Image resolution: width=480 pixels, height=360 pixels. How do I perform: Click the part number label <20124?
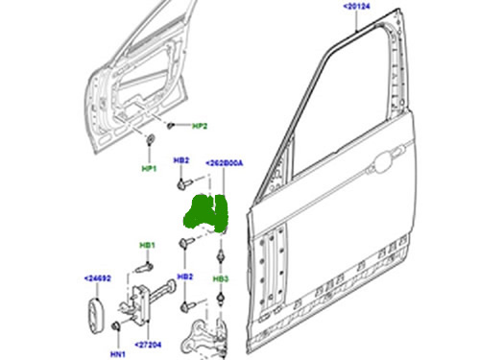click(x=356, y=6)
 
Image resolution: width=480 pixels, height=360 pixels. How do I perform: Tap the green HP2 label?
click(x=200, y=126)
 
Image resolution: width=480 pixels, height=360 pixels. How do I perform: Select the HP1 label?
click(x=149, y=168)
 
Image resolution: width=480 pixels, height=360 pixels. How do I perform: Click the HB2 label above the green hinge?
click(x=181, y=160)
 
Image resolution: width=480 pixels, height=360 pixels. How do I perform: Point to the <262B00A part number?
click(x=224, y=163)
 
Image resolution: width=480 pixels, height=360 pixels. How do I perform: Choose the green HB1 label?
click(x=148, y=246)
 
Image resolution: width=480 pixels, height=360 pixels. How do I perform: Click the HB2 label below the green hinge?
click(x=185, y=276)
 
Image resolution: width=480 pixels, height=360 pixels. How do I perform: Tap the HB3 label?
click(x=221, y=279)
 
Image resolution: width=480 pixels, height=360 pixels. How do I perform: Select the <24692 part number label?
click(x=98, y=278)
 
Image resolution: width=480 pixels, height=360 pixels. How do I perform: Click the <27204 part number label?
click(x=148, y=345)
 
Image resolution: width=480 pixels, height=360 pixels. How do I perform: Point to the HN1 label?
click(x=118, y=354)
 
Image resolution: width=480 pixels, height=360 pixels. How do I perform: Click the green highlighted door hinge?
click(x=205, y=212)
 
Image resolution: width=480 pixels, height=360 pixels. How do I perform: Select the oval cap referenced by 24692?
click(x=95, y=316)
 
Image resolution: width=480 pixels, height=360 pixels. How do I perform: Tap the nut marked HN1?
click(x=115, y=326)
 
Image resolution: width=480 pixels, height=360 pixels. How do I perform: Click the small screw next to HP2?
click(x=171, y=126)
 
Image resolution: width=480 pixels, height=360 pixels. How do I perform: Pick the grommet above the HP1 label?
click(x=150, y=140)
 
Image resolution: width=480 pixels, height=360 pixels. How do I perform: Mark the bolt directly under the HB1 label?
click(x=144, y=268)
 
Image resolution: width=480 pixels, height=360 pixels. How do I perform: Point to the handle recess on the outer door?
click(x=388, y=160)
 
